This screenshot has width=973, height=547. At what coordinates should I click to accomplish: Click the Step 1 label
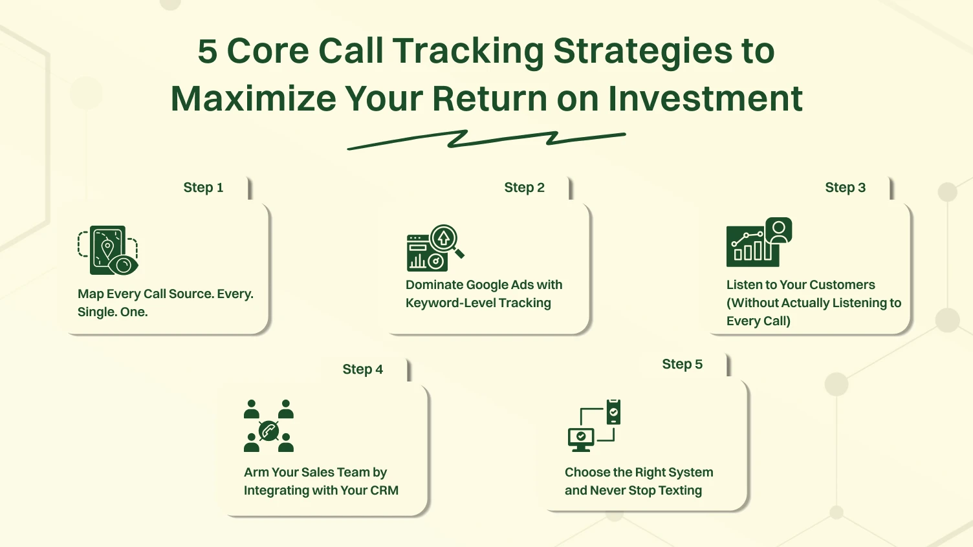click(203, 188)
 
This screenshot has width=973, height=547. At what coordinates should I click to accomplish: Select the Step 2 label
click(524, 188)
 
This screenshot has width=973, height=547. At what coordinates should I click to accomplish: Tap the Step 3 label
click(845, 188)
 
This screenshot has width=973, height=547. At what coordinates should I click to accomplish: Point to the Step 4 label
click(362, 369)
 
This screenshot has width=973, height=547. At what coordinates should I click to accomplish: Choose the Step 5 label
click(682, 364)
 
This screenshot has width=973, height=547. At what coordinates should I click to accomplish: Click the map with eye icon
click(108, 250)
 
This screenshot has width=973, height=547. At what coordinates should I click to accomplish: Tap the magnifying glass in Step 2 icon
click(446, 240)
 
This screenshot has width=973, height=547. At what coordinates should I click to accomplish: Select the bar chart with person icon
click(758, 242)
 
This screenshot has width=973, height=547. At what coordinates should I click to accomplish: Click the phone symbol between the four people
click(268, 430)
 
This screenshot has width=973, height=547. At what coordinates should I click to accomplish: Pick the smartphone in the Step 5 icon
click(613, 412)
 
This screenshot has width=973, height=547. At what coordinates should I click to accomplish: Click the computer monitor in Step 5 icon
click(580, 438)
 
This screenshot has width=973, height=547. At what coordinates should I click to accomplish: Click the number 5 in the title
click(207, 51)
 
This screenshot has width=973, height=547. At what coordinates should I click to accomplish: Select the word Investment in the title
click(705, 99)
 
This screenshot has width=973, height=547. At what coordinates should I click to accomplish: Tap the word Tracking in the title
click(468, 51)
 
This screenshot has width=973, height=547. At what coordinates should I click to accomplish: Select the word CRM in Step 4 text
click(384, 491)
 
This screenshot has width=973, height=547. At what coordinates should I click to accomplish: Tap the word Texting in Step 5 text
click(680, 491)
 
